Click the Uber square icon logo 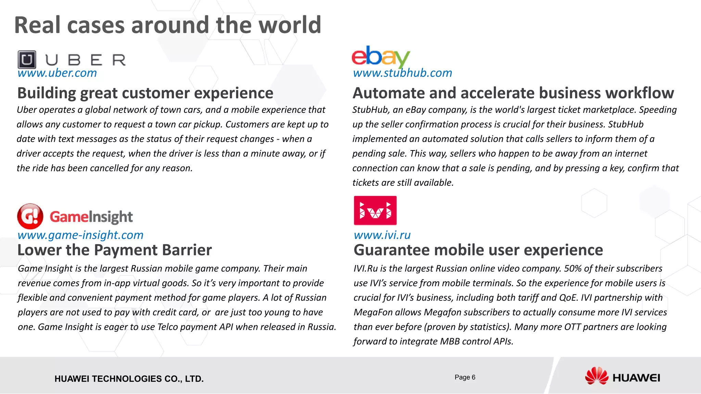pyautogui.click(x=27, y=60)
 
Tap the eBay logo pyautogui.click(x=381, y=56)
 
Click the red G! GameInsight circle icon pyautogui.click(x=30, y=216)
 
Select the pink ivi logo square pyautogui.click(x=375, y=210)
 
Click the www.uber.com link pyautogui.click(x=57, y=73)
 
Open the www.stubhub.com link pyautogui.click(x=403, y=73)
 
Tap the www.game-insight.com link pyautogui.click(x=80, y=235)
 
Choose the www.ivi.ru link pyautogui.click(x=382, y=235)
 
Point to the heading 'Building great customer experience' pyautogui.click(x=145, y=93)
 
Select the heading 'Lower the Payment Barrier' pyautogui.click(x=115, y=250)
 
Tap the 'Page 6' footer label pyautogui.click(x=465, y=377)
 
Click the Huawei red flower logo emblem pyautogui.click(x=596, y=376)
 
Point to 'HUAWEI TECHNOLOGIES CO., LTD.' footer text pyautogui.click(x=129, y=379)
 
